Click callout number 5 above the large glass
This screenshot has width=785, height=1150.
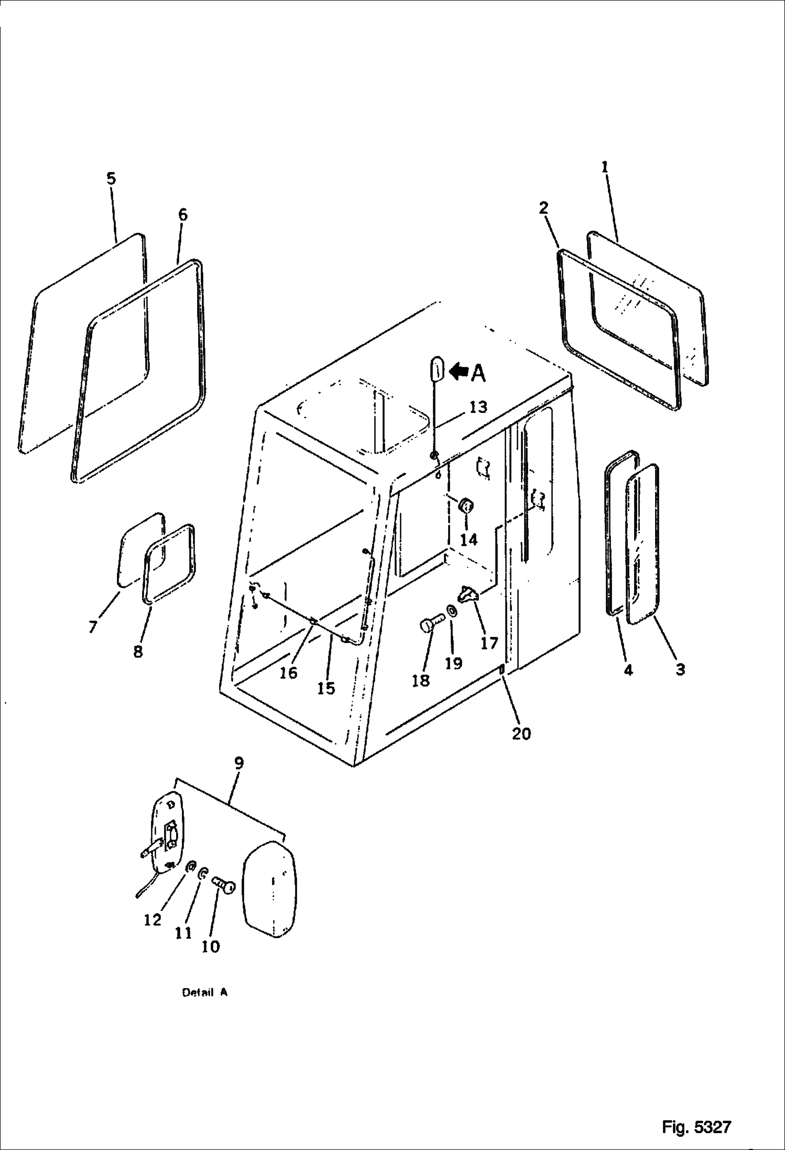pos(111,179)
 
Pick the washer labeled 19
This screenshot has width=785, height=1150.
pos(451,611)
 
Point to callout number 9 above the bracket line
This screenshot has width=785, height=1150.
pos(238,763)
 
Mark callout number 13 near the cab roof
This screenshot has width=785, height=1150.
pos(477,407)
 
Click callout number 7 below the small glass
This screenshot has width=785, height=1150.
pos(93,626)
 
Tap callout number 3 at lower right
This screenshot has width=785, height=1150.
pos(680,669)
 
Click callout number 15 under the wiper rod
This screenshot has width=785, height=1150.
pos(326,688)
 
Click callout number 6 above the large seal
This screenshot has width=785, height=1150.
pos(182,215)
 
